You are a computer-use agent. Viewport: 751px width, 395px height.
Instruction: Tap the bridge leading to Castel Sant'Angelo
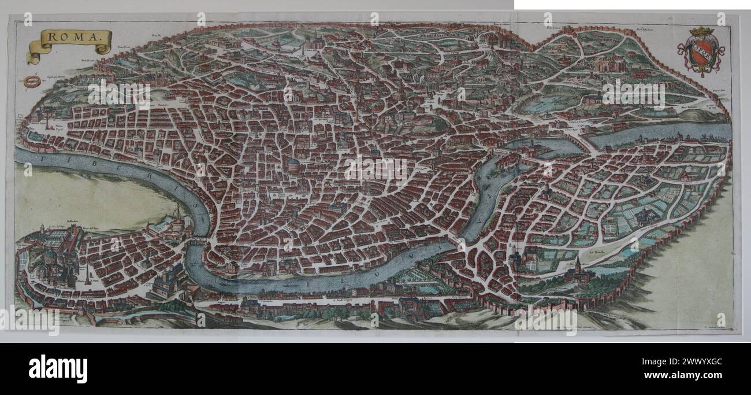196,243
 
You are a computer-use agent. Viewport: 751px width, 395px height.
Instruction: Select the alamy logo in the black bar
58,368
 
